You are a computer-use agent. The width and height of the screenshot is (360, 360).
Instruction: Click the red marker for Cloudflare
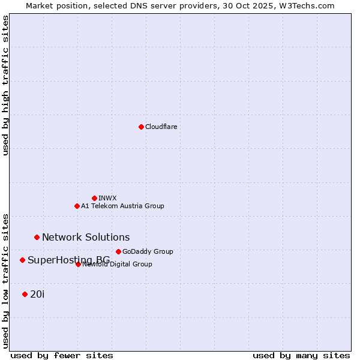click(141, 127)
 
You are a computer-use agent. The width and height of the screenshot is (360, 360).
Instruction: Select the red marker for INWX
click(94, 198)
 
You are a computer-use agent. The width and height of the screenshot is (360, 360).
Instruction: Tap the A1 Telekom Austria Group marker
click(77, 206)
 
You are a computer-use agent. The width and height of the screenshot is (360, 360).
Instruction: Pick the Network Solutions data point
click(37, 237)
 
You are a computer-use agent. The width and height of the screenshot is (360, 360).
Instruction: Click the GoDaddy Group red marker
click(118, 251)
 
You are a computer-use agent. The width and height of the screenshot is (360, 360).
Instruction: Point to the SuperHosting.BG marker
click(22, 260)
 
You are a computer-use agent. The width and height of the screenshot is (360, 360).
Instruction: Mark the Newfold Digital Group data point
click(78, 264)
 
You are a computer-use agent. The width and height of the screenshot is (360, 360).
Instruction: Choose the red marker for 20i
click(25, 294)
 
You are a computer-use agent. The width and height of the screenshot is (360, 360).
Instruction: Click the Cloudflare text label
click(161, 127)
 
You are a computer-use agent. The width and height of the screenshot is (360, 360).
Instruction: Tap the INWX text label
click(107, 198)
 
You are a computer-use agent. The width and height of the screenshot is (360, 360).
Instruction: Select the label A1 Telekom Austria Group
click(122, 206)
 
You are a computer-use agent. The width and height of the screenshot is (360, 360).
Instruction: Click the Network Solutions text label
click(86, 237)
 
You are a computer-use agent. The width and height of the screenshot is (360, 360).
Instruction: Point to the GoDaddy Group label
click(148, 251)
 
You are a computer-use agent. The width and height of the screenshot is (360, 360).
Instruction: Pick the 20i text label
click(37, 294)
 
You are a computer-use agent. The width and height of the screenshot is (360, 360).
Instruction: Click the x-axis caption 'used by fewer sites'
click(62, 356)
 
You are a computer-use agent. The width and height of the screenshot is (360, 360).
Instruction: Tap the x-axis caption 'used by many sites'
click(301, 356)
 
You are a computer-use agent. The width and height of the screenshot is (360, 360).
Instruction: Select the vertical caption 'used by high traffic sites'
click(5, 85)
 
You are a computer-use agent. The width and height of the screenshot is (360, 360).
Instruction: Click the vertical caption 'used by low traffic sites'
click(5, 280)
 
